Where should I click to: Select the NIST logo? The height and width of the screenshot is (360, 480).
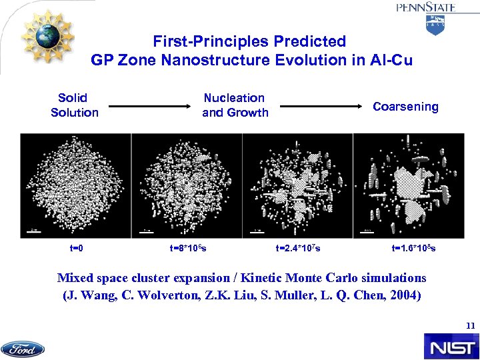click(450, 347)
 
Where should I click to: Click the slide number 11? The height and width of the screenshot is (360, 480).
click(471, 326)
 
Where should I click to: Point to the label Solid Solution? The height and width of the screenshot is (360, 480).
click(74, 105)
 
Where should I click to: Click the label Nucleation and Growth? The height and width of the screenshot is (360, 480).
click(235, 105)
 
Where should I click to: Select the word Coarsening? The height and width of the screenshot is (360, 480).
click(405, 107)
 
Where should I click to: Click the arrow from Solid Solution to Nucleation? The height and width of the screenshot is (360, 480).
click(150, 106)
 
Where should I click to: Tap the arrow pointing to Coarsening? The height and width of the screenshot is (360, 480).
click(321, 106)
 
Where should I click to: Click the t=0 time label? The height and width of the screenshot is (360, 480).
click(76, 249)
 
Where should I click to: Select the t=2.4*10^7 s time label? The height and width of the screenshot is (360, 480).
click(297, 249)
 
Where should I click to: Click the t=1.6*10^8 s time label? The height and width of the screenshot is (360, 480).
click(414, 249)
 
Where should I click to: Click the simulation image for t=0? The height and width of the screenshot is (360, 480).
click(75, 185)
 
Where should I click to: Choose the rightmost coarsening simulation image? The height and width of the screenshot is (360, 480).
click(408, 185)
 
